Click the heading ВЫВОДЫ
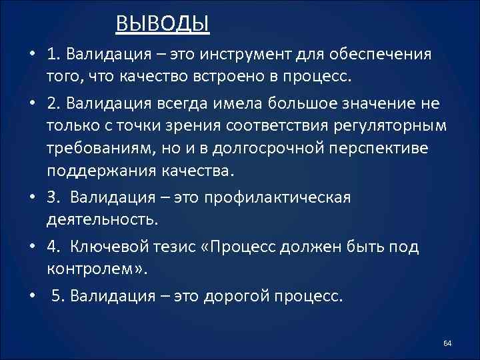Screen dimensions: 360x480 click(163, 24)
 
